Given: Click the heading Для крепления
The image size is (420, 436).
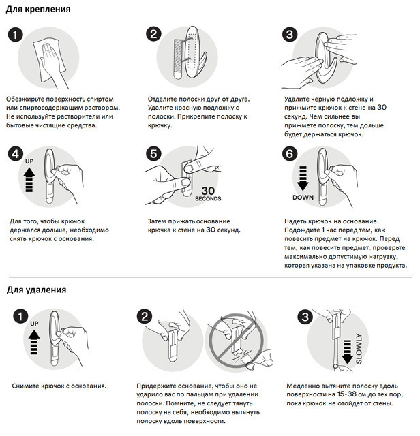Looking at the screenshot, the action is coord(38,9).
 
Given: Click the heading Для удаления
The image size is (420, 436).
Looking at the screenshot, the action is coord(36,290).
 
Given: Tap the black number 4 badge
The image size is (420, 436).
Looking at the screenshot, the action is coord(16,155).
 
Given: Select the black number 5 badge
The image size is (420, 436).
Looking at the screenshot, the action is coord(153,153).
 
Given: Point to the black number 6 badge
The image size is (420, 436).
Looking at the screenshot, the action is coord(290,153).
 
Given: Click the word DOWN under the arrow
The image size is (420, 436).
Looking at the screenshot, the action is coord(303,197).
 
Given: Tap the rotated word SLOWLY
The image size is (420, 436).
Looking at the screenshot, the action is coord(359,349).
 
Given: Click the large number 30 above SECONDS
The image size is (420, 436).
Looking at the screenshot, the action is coord(208,191).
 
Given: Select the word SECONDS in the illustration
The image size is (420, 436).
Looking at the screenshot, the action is coord(208,198).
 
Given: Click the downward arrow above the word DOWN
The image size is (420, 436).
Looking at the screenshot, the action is coord(303,178).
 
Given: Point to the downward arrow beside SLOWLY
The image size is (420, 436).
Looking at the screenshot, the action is coord(347,352).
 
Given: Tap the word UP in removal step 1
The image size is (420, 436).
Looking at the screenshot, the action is coord(34,324).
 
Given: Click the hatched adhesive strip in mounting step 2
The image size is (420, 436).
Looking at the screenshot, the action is coord(178,59).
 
